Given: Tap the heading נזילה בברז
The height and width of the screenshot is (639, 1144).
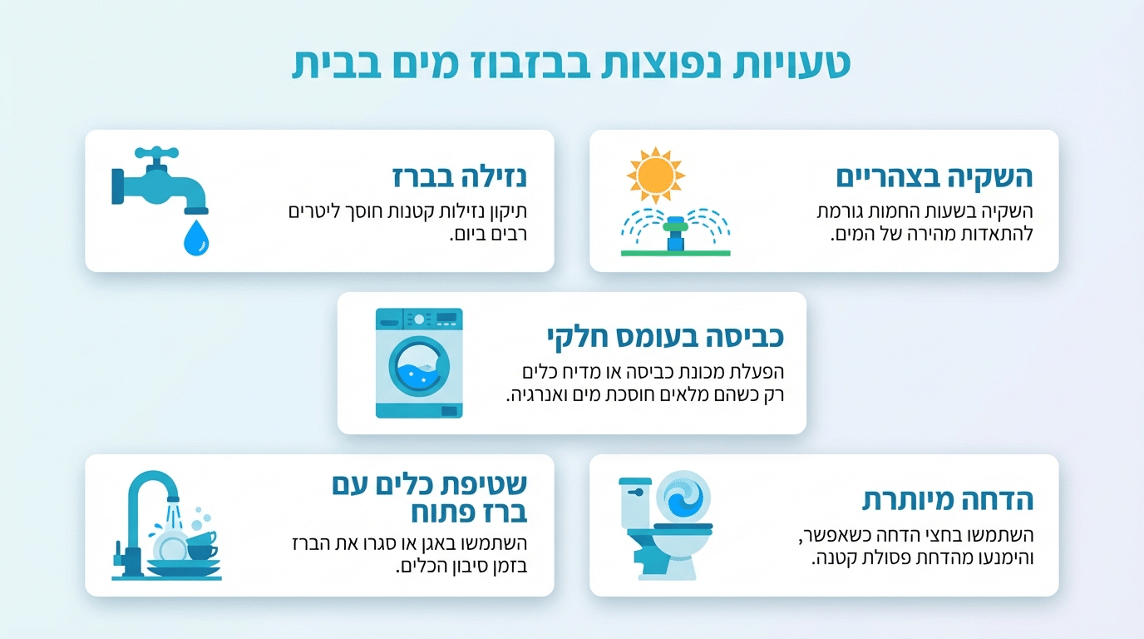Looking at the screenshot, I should pos(460,177).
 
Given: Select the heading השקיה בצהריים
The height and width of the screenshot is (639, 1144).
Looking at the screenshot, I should pos(934,177).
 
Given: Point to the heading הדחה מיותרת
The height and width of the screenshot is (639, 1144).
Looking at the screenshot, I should pos(947,501).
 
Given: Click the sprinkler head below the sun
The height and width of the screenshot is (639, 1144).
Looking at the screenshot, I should pos(675,230).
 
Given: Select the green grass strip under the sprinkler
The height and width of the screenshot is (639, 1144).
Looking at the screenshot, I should pos(675,251).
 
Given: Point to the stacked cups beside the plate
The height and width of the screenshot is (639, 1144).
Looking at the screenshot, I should pos(202,544).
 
